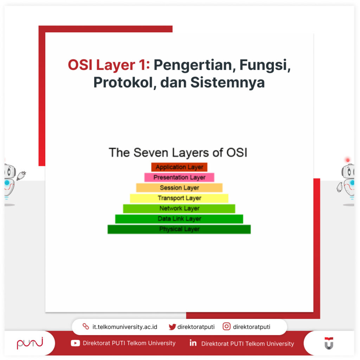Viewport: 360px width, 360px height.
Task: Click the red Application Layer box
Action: (179, 167)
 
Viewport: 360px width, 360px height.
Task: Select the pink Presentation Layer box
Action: (179, 177)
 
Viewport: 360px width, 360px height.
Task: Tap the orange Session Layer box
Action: (179, 188)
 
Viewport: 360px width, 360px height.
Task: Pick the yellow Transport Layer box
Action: (179, 198)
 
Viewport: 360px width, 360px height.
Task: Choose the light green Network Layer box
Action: (179, 208)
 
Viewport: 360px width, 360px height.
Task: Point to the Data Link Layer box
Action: (179, 219)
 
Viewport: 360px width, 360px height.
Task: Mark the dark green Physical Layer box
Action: (179, 229)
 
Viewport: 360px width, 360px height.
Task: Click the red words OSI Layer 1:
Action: (109, 65)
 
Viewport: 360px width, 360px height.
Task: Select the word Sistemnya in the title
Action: (228, 82)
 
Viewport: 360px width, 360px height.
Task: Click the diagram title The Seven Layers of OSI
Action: (178, 153)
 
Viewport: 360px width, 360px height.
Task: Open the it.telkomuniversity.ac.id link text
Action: (125, 327)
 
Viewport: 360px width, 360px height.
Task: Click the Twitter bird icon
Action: (172, 327)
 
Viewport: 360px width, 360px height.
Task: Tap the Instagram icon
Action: (227, 327)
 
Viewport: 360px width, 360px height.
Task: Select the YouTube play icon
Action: (75, 343)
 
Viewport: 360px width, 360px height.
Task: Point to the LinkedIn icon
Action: (193, 343)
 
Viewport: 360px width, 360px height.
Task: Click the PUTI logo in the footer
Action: (30, 343)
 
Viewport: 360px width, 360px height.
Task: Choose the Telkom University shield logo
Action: (329, 343)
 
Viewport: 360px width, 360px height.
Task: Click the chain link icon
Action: (86, 327)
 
